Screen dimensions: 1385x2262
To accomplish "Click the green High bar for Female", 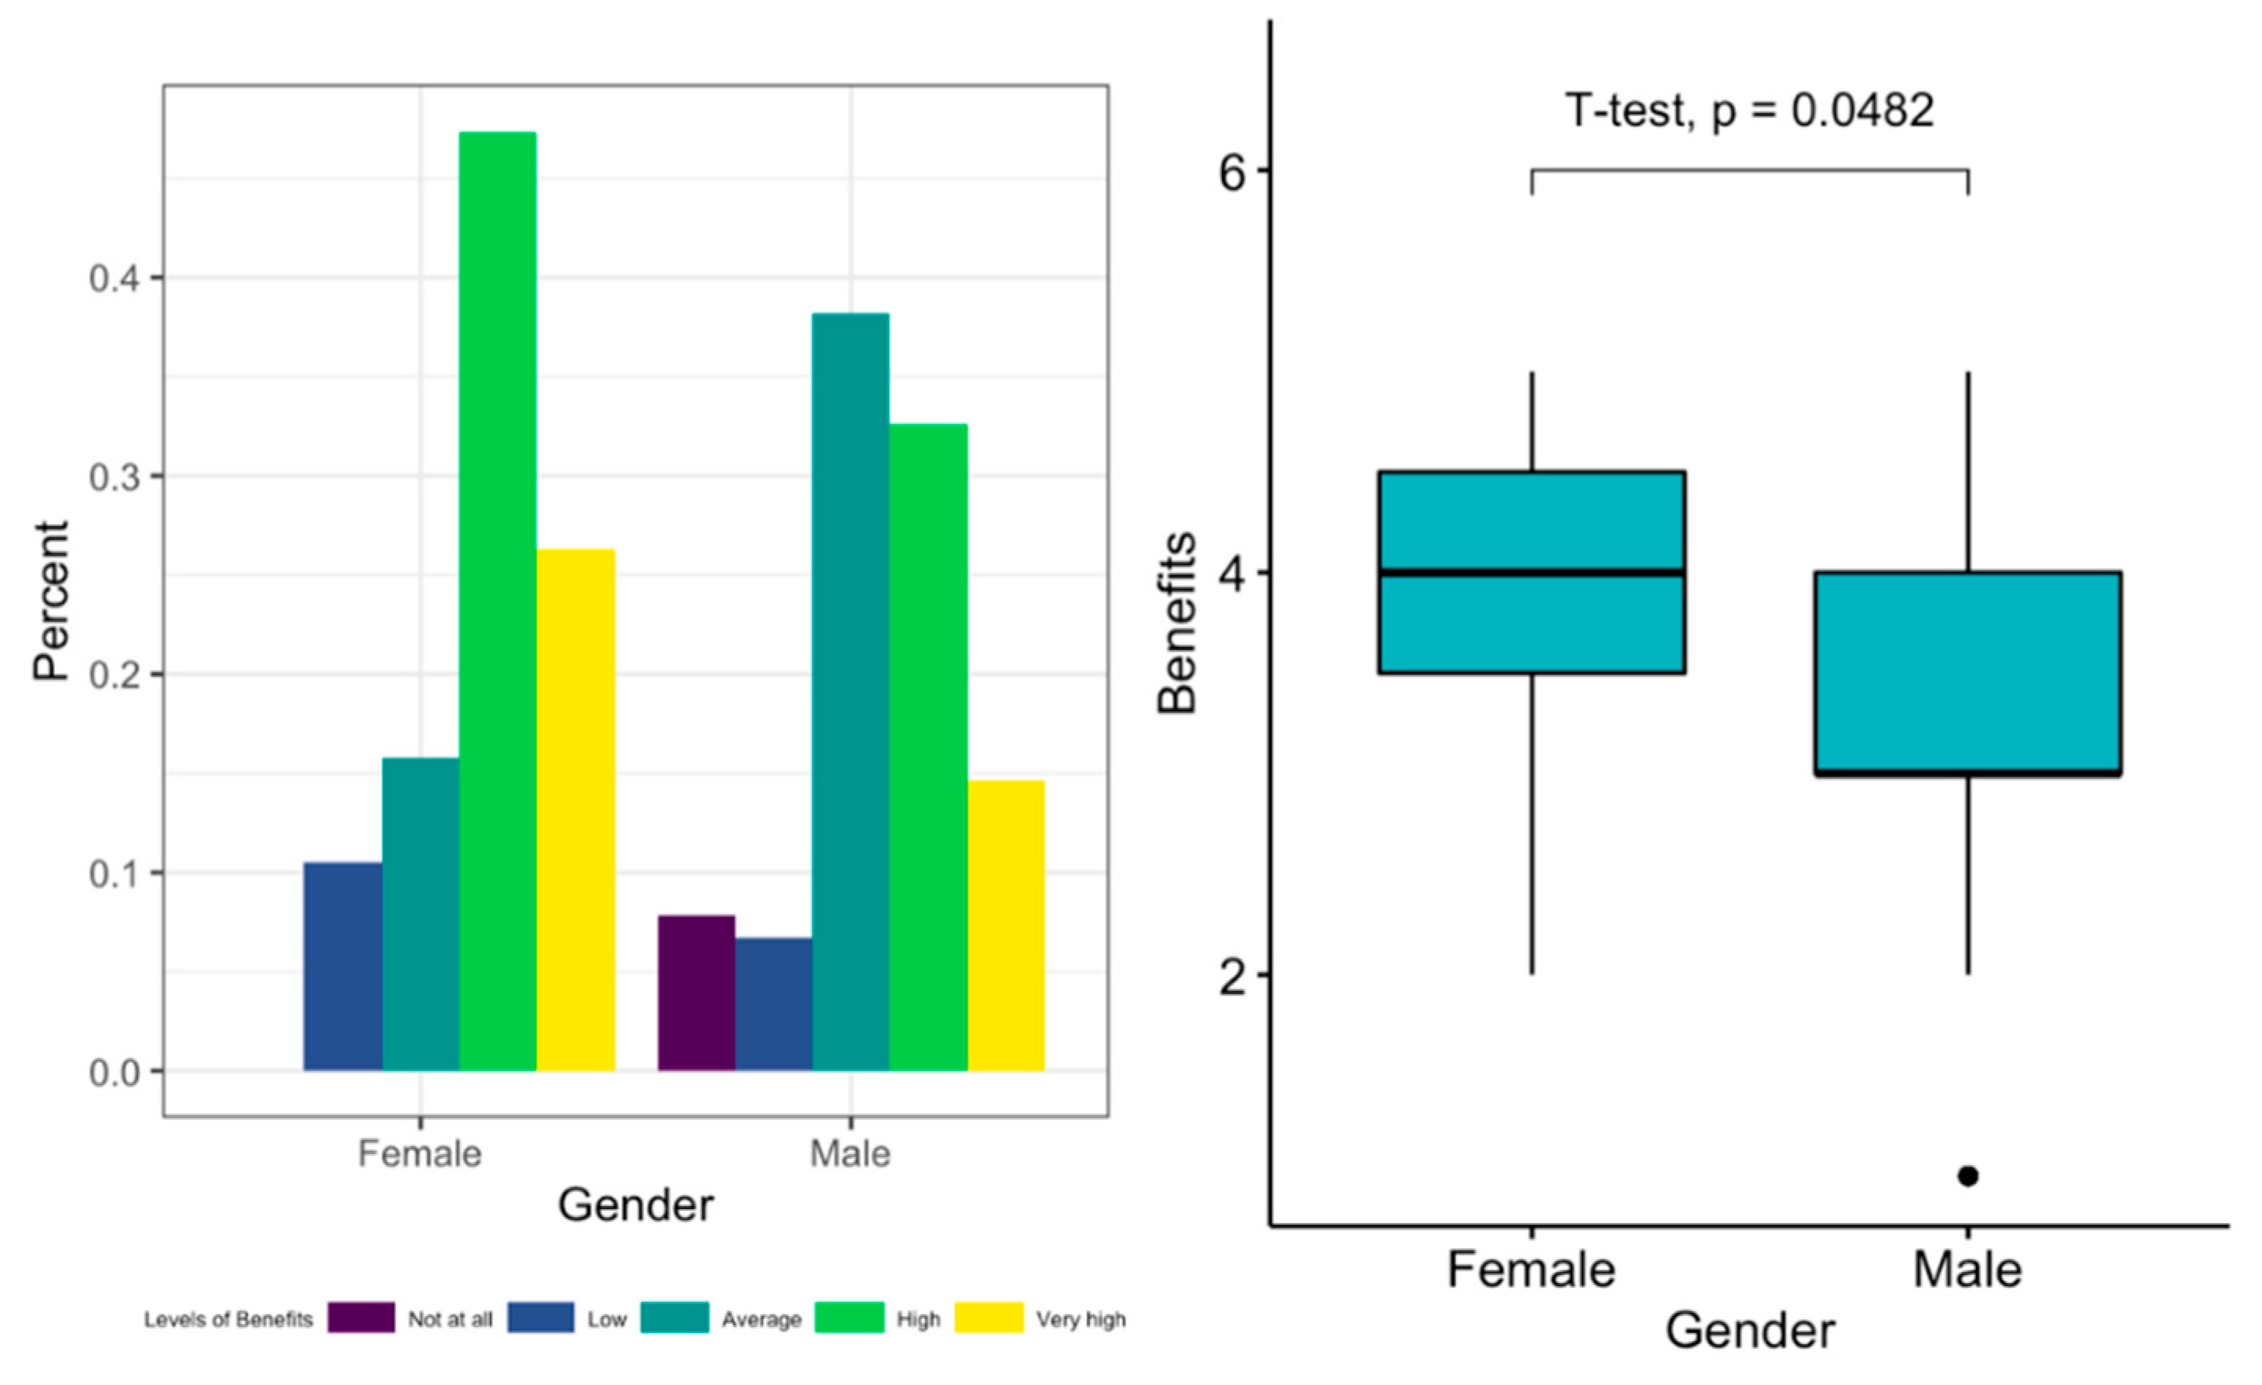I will pyautogui.click(x=498, y=601).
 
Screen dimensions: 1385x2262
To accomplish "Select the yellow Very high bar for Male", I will pyautogui.click(x=1005, y=925).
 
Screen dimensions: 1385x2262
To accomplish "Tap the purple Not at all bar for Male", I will pyautogui.click(x=696, y=992).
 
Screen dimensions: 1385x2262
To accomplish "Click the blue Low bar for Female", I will pyautogui.click(x=342, y=966).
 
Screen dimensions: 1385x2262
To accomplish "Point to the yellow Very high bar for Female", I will pyautogui.click(x=576, y=809).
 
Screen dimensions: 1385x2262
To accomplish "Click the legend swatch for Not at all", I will pyautogui.click(x=361, y=1318).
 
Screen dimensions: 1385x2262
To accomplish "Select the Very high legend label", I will pyautogui.click(x=1080, y=1320).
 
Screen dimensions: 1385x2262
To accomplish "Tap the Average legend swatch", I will pyautogui.click(x=674, y=1318).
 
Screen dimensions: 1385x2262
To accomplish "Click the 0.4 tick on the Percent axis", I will pyautogui.click(x=115, y=279).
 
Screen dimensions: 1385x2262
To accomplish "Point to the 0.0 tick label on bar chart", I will pyautogui.click(x=115, y=1072).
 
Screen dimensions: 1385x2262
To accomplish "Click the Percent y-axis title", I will pyautogui.click(x=51, y=601).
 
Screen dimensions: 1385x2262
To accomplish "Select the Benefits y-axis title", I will pyautogui.click(x=1177, y=623).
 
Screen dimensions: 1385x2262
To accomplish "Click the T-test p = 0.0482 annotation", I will pyautogui.click(x=1749, y=111).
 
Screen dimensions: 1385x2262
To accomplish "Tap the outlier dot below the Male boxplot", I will pyautogui.click(x=1967, y=1175).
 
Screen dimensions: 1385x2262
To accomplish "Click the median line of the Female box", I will pyautogui.click(x=1532, y=572).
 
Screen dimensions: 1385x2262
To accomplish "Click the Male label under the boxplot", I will pyautogui.click(x=1967, y=1270).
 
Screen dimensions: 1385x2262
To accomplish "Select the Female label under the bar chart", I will pyautogui.click(x=419, y=1153).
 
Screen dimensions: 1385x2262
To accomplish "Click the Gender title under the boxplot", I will pyautogui.click(x=1750, y=1331).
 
